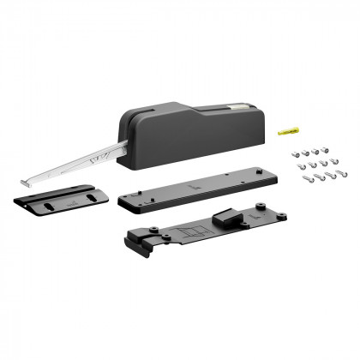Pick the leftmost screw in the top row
point(297,148)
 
